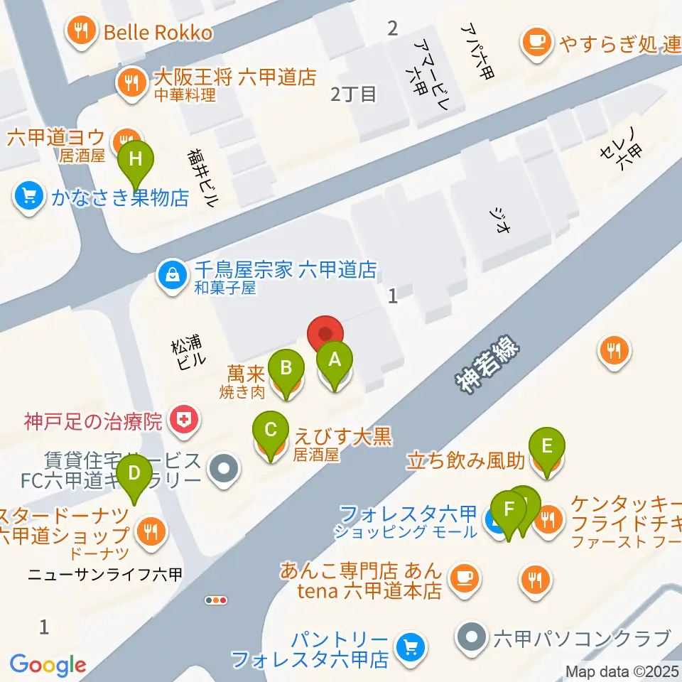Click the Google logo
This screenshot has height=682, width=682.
48,665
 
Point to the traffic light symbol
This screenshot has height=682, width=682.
216,600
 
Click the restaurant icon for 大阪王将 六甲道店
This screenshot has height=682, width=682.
130,80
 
